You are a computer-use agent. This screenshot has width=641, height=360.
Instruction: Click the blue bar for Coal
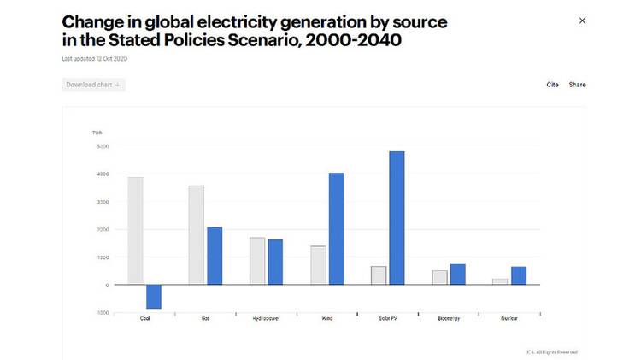pyautogui.click(x=154, y=296)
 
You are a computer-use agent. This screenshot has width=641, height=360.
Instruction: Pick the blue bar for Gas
pyautogui.click(x=215, y=256)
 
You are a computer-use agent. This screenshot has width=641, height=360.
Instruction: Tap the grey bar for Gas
pyautogui.click(x=196, y=235)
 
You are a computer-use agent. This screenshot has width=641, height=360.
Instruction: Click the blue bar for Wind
pyautogui.click(x=336, y=229)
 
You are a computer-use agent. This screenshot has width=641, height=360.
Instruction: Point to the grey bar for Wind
pyautogui.click(x=318, y=265)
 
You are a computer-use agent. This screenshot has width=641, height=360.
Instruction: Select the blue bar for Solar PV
pyautogui.click(x=397, y=218)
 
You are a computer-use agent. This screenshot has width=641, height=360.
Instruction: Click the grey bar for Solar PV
pyautogui.click(x=378, y=275)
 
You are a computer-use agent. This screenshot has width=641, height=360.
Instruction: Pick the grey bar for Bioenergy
pyautogui.click(x=439, y=277)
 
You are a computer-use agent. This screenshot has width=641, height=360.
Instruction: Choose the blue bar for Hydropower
pyautogui.click(x=275, y=262)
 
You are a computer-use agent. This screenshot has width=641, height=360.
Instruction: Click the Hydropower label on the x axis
pyautogui.click(x=266, y=318)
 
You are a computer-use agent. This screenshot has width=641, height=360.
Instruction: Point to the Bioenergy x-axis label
pyautogui.click(x=448, y=318)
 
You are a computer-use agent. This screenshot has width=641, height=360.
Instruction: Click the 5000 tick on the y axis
pyautogui.click(x=102, y=146)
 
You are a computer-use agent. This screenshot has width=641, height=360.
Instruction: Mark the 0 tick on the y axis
pyautogui.click(x=107, y=285)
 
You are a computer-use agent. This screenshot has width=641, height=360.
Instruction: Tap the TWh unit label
pyautogui.click(x=97, y=133)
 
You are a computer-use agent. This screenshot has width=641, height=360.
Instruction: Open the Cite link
pyautogui.click(x=552, y=85)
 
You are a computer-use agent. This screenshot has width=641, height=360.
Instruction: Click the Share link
pyautogui.click(x=578, y=85)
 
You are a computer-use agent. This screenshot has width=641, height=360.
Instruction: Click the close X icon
pyautogui.click(x=583, y=21)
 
